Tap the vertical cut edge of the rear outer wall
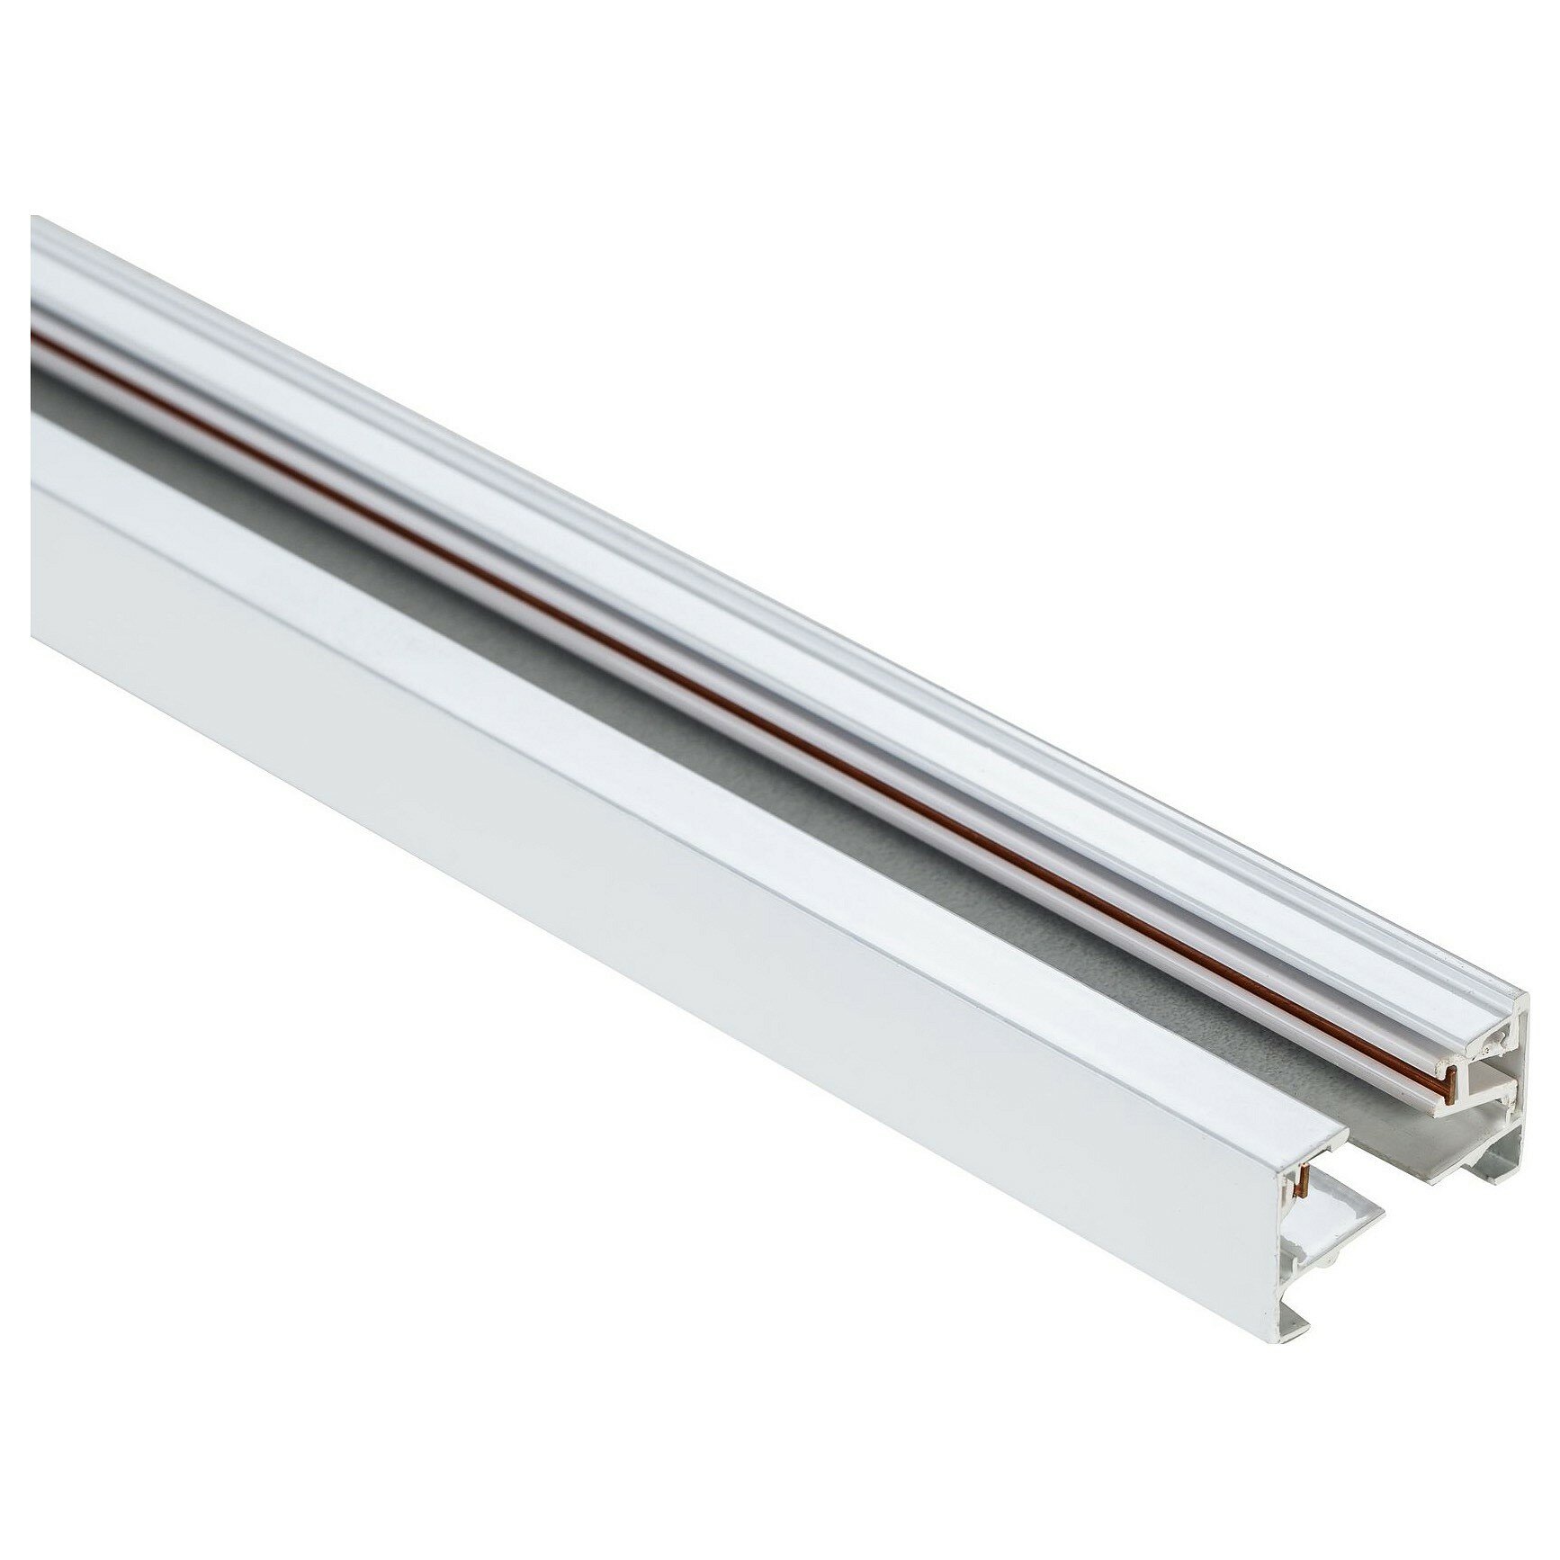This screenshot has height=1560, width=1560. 1520,1080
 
